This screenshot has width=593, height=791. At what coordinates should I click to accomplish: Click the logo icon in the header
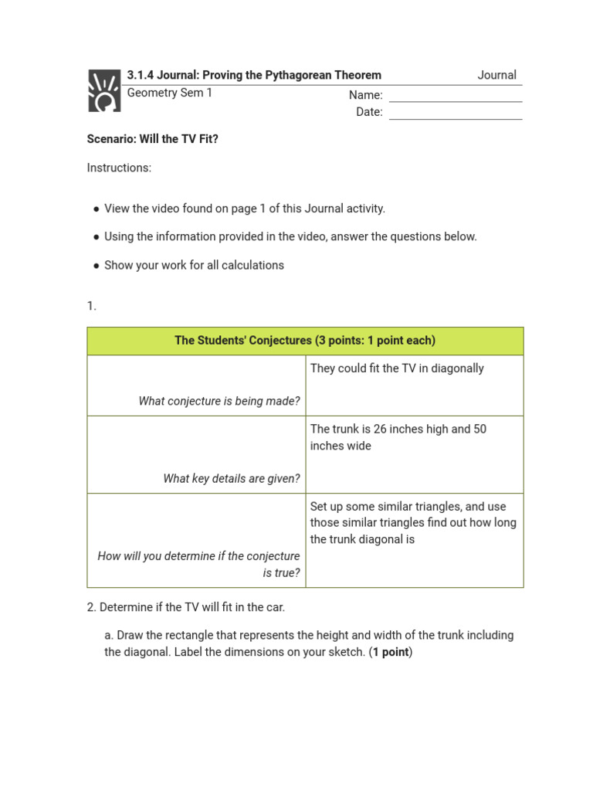point(103,90)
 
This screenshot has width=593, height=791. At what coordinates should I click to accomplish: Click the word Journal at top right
point(496,75)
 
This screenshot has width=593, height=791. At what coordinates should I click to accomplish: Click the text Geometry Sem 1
point(169,93)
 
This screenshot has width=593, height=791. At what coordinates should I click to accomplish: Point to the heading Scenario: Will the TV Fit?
point(153,139)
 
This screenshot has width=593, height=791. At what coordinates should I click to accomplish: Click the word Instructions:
point(119,168)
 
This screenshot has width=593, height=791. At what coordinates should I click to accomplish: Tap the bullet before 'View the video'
point(97,209)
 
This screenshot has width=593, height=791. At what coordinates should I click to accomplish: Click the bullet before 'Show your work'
point(97,266)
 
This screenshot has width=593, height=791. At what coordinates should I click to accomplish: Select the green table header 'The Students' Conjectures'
point(305,341)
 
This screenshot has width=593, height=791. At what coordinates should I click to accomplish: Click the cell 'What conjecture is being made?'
point(219,401)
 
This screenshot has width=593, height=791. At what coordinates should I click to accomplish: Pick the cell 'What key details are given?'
point(232,478)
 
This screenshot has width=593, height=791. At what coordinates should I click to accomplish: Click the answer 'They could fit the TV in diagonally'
point(397,368)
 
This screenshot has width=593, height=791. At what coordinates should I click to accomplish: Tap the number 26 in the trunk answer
point(380,429)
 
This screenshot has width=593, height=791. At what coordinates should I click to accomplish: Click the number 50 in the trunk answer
point(479,429)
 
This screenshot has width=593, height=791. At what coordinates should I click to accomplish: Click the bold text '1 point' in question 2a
point(391,652)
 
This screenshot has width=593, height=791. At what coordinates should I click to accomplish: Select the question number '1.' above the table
point(92,306)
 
